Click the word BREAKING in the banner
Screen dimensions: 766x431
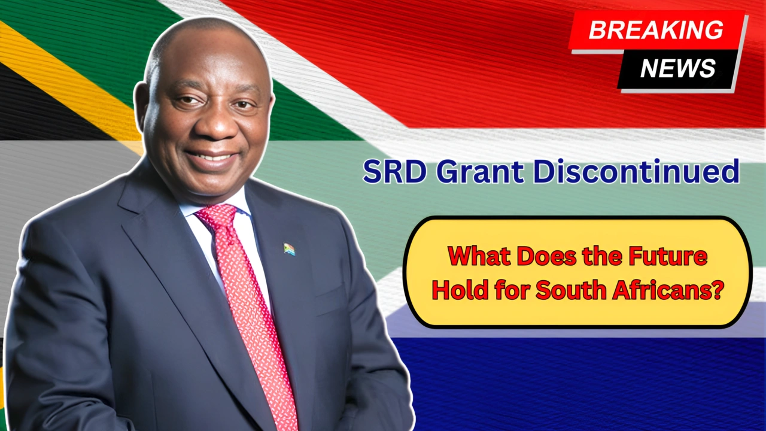pyautogui.click(x=656, y=30)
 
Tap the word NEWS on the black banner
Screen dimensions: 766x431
pyautogui.click(x=678, y=68)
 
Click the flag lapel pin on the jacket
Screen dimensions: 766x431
pyautogui.click(x=289, y=248)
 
